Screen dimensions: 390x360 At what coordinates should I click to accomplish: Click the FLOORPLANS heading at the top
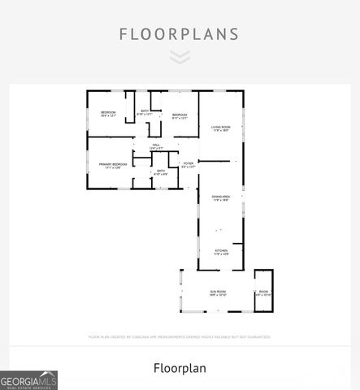tap(180, 34)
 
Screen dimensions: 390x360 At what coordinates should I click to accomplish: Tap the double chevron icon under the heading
tap(180, 56)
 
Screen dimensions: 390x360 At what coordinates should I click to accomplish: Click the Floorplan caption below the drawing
tap(180, 368)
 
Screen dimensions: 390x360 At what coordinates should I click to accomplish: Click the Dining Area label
tap(221, 197)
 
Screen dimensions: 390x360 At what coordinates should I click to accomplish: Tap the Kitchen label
tap(221, 250)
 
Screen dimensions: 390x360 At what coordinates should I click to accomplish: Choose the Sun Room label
tap(218, 291)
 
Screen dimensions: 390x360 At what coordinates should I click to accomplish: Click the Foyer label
tap(188, 163)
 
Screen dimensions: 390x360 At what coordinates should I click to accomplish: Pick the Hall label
tap(156, 144)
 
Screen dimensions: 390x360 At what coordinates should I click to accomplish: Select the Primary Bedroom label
tap(110, 164)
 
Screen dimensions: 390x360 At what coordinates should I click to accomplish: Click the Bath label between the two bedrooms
tap(145, 110)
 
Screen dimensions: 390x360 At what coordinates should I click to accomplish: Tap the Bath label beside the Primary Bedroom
tap(160, 171)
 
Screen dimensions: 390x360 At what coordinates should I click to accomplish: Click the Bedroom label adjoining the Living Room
tap(180, 115)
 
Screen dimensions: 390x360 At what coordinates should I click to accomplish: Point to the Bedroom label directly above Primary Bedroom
tap(108, 111)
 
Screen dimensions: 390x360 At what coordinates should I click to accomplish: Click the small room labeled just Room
tap(262, 291)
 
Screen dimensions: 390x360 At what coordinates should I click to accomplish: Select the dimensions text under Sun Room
tap(218, 295)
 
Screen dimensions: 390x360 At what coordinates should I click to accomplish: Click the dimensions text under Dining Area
tap(221, 201)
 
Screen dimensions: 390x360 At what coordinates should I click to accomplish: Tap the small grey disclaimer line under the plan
tap(180, 336)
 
